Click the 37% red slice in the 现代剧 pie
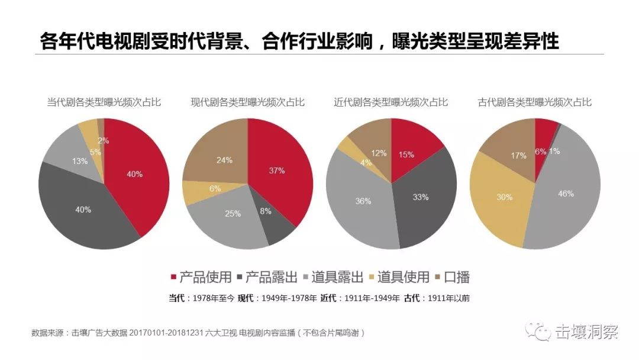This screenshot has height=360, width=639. click(x=278, y=172)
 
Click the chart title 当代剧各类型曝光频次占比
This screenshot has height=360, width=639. click(x=104, y=102)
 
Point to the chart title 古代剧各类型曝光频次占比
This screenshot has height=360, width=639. click(x=535, y=102)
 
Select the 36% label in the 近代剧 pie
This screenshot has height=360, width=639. click(x=363, y=201)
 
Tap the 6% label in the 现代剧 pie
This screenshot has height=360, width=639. click(x=215, y=188)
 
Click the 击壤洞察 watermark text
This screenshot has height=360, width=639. click(x=587, y=332)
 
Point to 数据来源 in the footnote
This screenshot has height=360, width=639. click(x=46, y=333)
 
